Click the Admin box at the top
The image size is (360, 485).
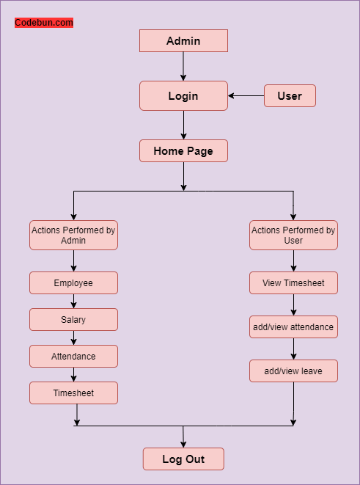(x=183, y=41)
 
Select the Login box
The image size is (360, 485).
(x=183, y=96)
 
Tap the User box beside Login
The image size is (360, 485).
(x=290, y=96)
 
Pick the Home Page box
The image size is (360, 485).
(x=183, y=151)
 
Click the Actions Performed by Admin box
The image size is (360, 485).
(x=73, y=236)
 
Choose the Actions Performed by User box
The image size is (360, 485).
(x=293, y=236)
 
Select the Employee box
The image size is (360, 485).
(x=73, y=283)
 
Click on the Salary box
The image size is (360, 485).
(x=73, y=320)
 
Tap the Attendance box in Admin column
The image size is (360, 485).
(x=73, y=357)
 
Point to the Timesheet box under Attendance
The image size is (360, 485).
(x=73, y=393)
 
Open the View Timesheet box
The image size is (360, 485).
(x=293, y=283)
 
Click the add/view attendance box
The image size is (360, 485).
(x=293, y=327)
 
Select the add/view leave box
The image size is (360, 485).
(x=293, y=371)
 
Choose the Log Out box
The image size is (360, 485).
(x=183, y=459)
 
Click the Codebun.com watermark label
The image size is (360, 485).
(x=44, y=23)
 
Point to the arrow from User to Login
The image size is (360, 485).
(x=246, y=96)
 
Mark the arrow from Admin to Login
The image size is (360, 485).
(x=183, y=67)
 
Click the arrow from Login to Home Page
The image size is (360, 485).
(x=183, y=125)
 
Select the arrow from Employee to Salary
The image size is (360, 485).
(x=73, y=302)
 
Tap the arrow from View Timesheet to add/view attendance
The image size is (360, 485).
(x=293, y=305)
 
